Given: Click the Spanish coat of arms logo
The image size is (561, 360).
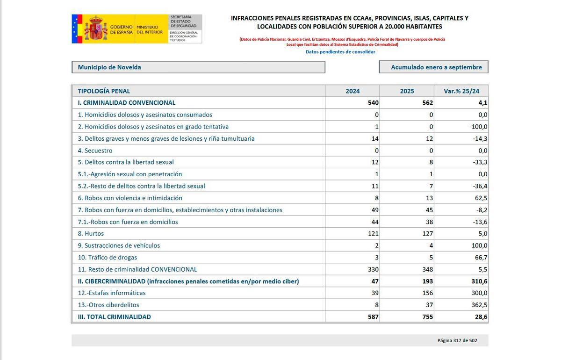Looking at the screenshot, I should pos(95,29).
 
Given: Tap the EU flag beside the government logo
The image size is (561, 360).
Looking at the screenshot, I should pos(77,29).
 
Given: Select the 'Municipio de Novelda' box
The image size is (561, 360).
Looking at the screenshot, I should pos(198,67).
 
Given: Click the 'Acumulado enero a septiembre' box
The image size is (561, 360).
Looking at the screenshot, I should pos(433,67).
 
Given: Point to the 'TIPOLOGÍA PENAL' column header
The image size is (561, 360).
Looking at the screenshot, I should pos(104,91).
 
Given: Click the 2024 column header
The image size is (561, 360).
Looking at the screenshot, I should pos(352,91).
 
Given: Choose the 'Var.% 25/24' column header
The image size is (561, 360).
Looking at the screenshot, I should pos(461,91).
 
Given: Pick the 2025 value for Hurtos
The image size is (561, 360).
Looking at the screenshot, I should pos(427,234).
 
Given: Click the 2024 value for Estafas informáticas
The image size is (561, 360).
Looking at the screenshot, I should pos(374,293).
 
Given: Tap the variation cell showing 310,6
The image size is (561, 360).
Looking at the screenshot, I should pos(479,281).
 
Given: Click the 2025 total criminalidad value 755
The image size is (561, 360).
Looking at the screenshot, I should pos(427,317).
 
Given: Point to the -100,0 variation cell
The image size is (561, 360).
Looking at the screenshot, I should pos(478,127).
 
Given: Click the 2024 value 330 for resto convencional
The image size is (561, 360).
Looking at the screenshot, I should pos(372,270).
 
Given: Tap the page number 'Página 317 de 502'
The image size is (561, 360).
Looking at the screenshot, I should pos(457,341).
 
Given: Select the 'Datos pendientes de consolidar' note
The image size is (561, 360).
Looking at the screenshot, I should pos(340,52).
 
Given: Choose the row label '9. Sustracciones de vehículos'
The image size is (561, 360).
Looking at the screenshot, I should pos(119,245).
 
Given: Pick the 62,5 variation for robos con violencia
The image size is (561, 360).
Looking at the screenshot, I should pos(480,198).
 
